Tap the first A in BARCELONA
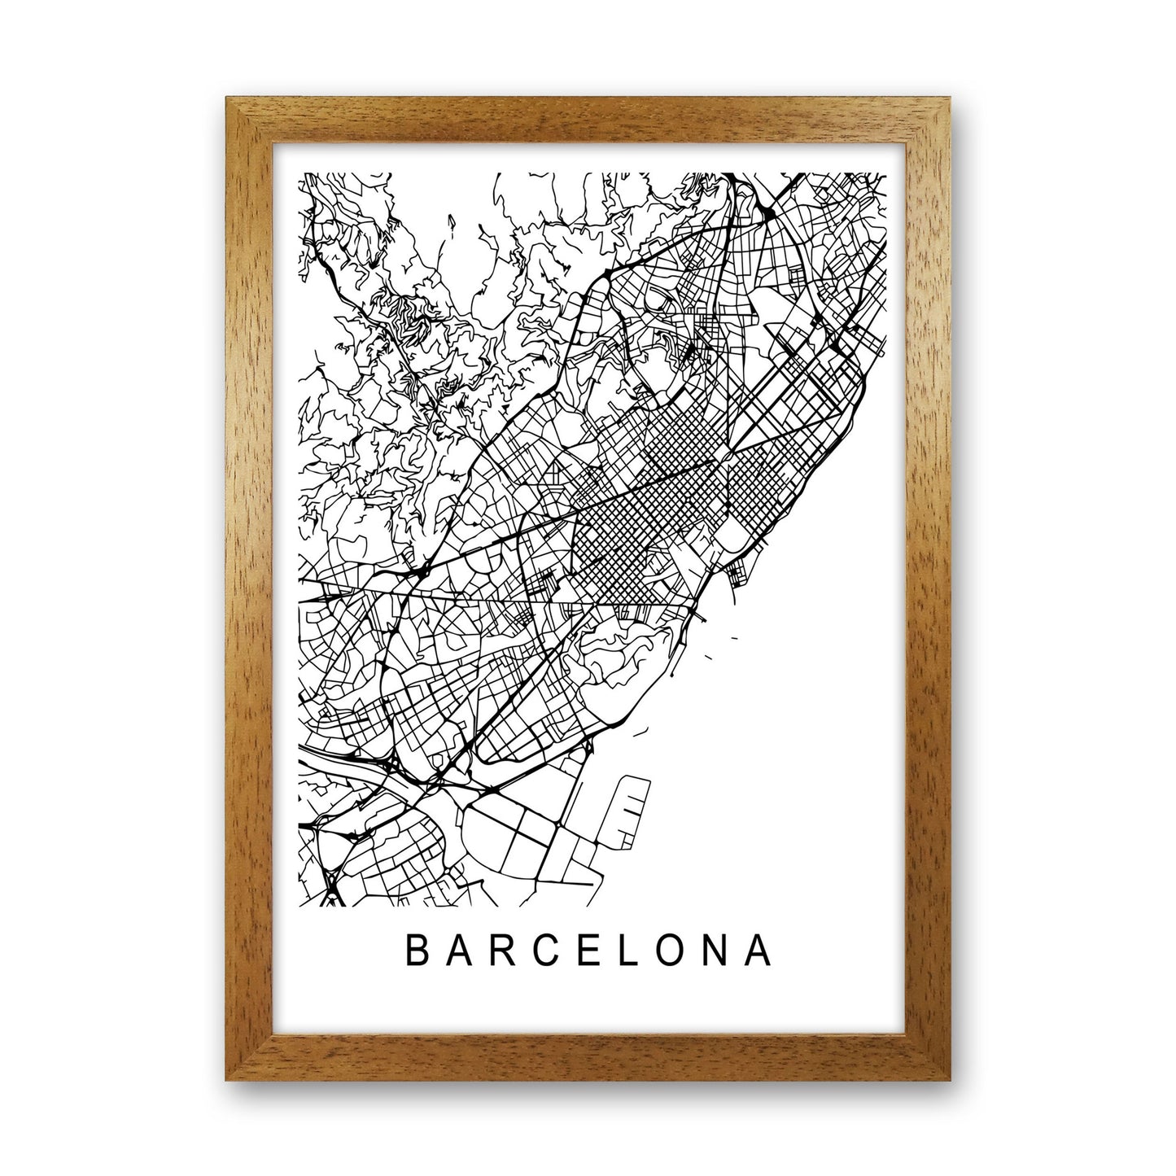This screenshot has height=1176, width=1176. (x=459, y=951)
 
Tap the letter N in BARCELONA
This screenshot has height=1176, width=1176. (x=718, y=951)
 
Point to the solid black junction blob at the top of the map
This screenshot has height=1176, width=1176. (x=769, y=213)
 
